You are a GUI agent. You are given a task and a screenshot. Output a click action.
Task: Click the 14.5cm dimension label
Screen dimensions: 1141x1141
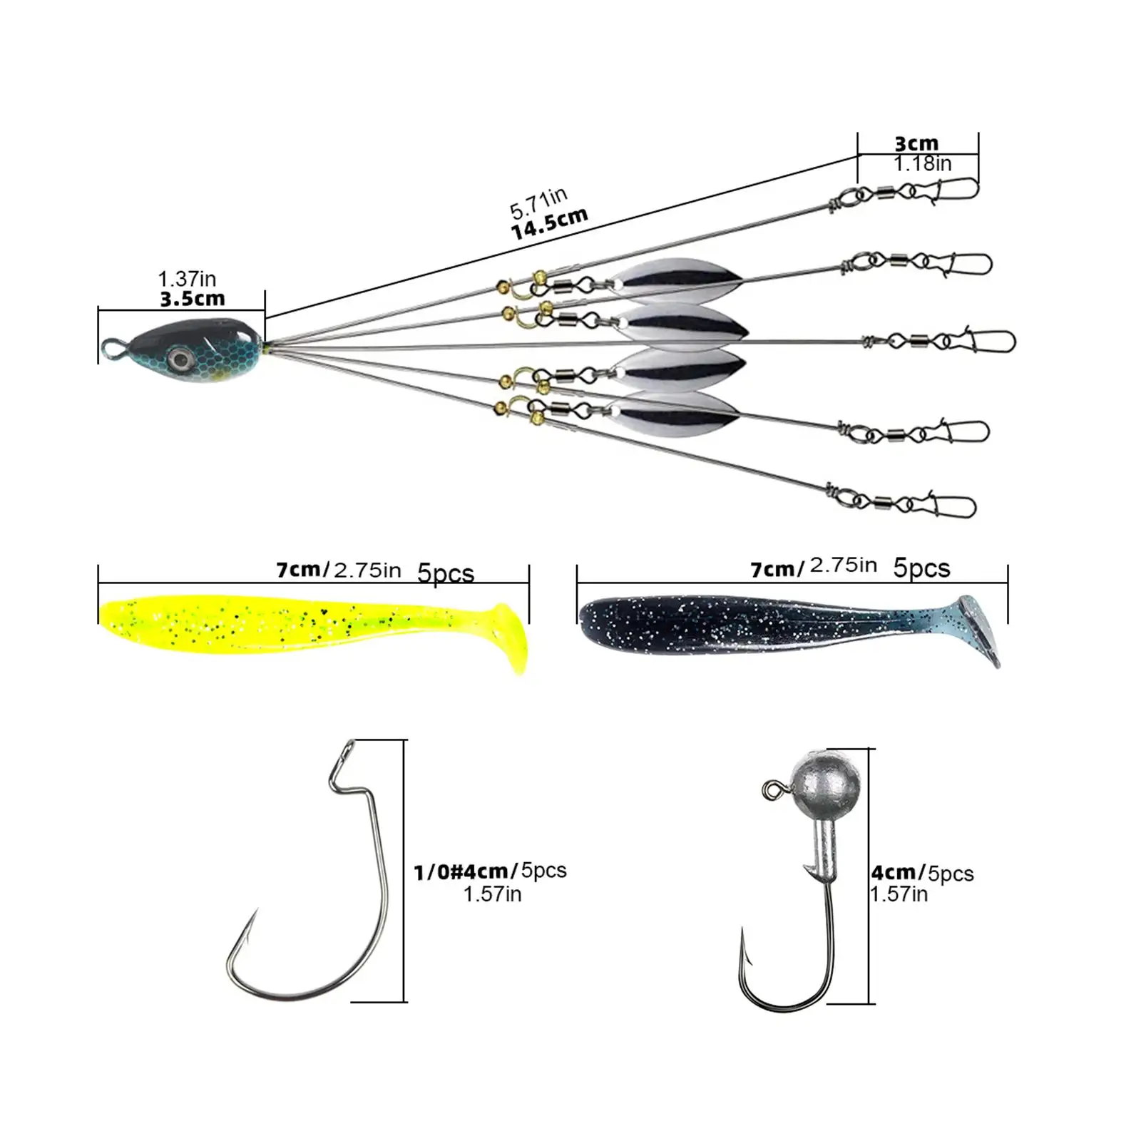point(550,224)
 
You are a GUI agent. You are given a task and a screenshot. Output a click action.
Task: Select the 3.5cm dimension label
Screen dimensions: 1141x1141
point(193,299)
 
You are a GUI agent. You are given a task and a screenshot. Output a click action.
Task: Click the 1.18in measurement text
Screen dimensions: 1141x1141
point(923,164)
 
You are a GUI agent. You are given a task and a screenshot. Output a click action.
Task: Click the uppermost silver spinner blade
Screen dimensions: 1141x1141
point(674,275)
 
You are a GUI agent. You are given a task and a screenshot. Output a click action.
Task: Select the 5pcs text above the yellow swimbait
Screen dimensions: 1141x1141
point(446,573)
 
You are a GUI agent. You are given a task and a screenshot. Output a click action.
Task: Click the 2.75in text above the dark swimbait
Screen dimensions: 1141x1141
point(843,566)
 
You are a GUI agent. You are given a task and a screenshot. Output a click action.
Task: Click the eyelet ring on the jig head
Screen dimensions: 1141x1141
point(770,790)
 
